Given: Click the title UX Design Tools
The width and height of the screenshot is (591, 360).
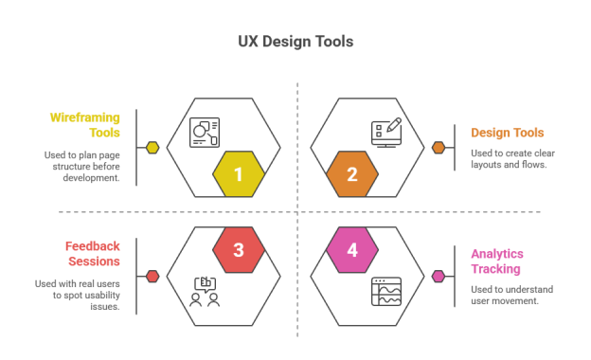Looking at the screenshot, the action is tap(295, 42).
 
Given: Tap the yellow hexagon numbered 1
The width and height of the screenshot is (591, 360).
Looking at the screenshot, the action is tap(238, 174).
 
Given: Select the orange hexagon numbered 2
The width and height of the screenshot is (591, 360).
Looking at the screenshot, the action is tap(352, 174).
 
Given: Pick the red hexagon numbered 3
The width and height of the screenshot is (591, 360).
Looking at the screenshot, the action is tap(238, 250).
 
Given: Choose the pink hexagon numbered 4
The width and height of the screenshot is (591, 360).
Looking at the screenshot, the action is tap(352, 250).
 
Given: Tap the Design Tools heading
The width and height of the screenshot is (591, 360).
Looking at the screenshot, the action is tap(508, 133).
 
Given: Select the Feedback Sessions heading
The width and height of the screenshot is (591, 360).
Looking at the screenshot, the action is tap(93, 254).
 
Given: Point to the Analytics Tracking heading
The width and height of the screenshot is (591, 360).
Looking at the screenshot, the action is tap(497, 261).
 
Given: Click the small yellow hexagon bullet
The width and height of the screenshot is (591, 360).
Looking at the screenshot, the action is tap(152, 148).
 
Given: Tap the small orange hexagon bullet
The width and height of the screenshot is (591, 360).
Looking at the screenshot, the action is tap(439, 148).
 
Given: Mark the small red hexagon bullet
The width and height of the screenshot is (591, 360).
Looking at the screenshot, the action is tap(152, 277).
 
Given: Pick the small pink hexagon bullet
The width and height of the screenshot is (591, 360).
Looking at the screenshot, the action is tap(439, 277).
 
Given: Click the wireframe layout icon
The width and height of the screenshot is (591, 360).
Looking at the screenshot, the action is tap(205, 132).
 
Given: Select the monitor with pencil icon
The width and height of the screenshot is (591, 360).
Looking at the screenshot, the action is tap(386, 132).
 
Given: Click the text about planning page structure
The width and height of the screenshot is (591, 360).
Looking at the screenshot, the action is tap(81, 166).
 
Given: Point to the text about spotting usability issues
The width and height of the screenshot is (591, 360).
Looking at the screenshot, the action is tap(78, 295).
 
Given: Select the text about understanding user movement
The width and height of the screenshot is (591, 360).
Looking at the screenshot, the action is tap(511, 295).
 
